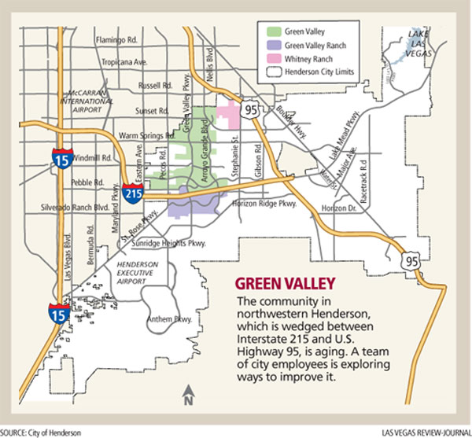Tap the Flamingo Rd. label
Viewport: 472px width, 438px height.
(x=117, y=39)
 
